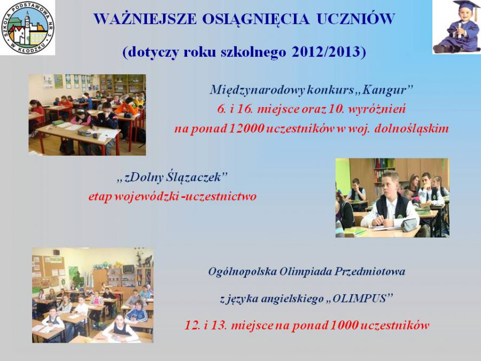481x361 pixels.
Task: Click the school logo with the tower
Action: pyautogui.click(x=28, y=28)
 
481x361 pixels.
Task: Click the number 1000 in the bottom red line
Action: pyautogui.click(x=344, y=325)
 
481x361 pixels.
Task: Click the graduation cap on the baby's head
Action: pyautogui.click(x=467, y=6)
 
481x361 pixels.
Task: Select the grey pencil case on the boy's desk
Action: pyautogui.click(x=409, y=225)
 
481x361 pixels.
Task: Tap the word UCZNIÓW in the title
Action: pyautogui.click(x=355, y=19)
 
